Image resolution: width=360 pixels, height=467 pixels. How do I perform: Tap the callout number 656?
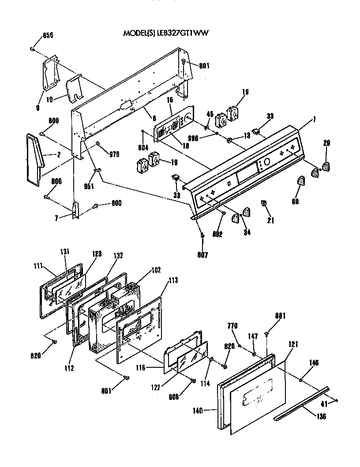[x=48, y=35]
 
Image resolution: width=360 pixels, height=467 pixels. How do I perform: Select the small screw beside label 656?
[x=33, y=49]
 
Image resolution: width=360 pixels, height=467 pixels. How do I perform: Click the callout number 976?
[x=114, y=154]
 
